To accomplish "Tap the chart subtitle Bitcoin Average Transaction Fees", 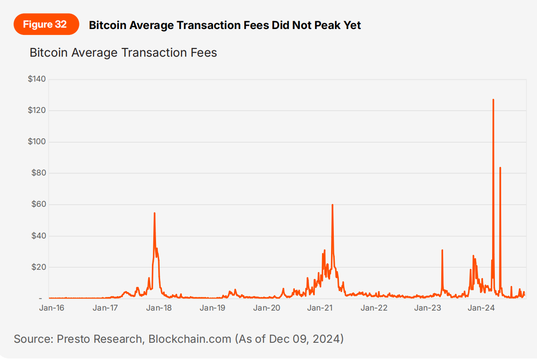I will click(123, 53).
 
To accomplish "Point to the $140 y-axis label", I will click(37, 79).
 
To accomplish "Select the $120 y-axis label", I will click(37, 111).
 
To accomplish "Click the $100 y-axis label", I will click(37, 142).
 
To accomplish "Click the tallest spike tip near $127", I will click(493, 99).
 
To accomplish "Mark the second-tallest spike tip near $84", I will click(500, 167).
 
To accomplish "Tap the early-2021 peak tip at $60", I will click(332, 204).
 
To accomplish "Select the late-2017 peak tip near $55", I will click(155, 213).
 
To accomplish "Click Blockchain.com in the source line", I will click(190, 339).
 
